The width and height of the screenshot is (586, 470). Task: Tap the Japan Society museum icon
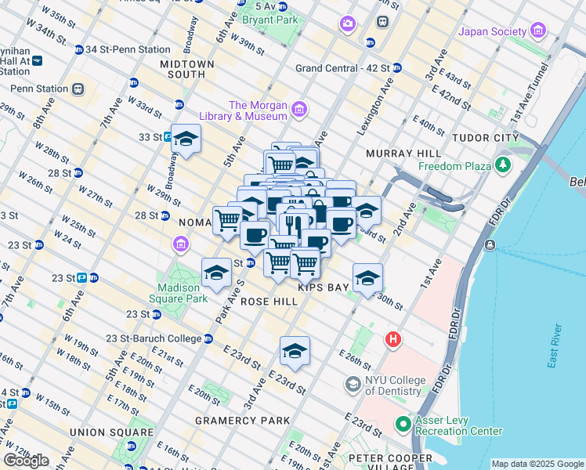coord(538,31)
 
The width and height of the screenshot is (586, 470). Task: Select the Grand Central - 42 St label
coord(352,68)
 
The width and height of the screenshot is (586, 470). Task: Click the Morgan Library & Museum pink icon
coord(299,110)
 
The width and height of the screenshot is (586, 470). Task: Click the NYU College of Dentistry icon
coord(353,385)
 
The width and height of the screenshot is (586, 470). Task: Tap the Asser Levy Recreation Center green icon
coord(403,425)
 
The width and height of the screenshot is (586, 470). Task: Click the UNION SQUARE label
coord(111,432)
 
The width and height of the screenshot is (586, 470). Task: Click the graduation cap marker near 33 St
coord(186,139)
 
